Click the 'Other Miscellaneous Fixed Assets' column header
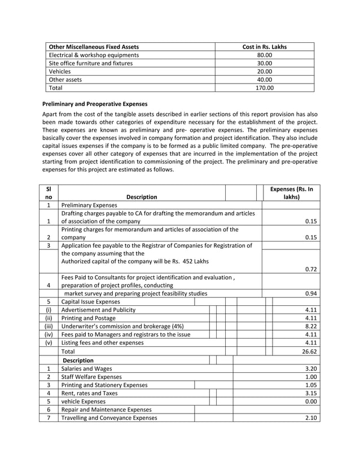[x=94, y=47]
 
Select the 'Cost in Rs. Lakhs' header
[x=264, y=47]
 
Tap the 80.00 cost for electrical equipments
[x=264, y=55]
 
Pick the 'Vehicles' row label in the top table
[x=60, y=72]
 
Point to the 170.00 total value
[x=264, y=88]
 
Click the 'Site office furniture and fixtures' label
[x=91, y=63]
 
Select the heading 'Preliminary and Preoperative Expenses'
[x=95, y=104]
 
